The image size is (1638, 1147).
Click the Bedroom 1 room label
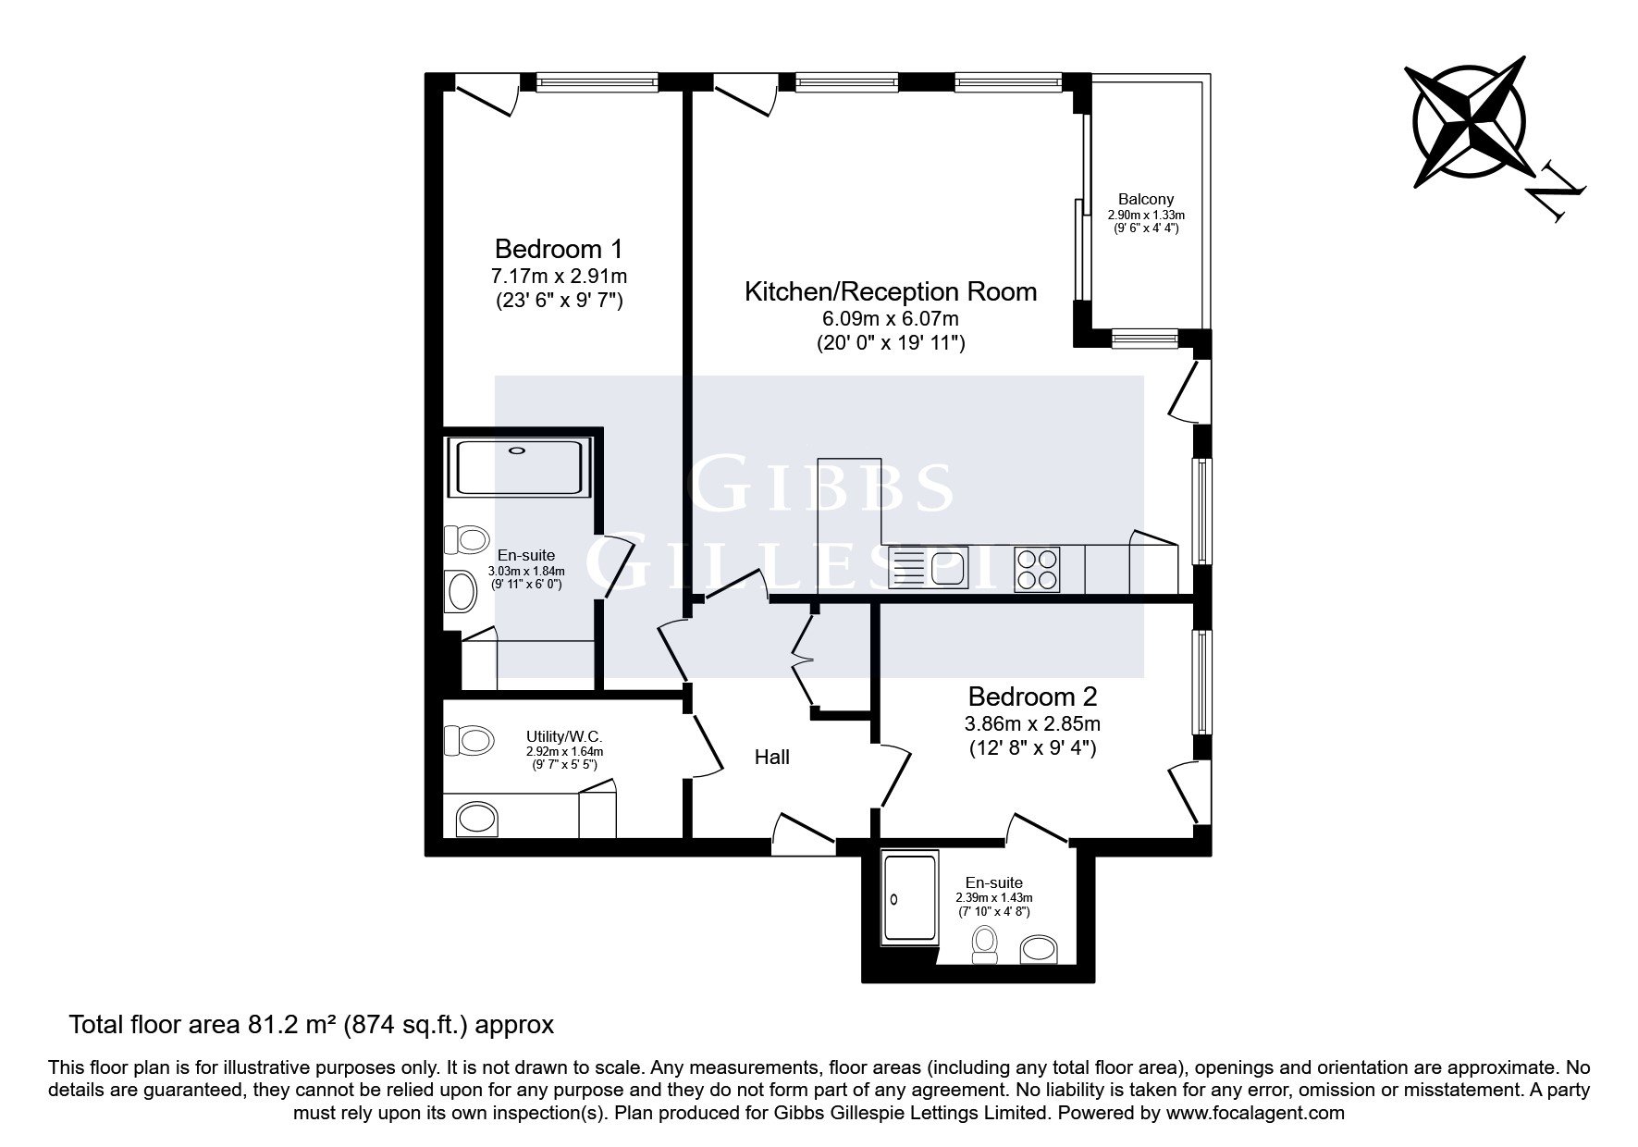coord(559,249)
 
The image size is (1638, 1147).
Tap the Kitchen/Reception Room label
coord(891,292)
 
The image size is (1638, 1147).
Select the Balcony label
coord(1146,199)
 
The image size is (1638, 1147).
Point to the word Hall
coord(772,758)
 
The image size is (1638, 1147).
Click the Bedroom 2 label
coord(1032,696)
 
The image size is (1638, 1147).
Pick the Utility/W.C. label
coord(564,737)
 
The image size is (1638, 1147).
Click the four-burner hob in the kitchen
coord(1037,569)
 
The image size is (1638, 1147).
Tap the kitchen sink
coord(927,568)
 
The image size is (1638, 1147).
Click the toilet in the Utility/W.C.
coord(467,739)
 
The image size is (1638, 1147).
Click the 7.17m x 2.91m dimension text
coord(560,276)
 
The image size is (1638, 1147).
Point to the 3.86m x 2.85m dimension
coord(1032,723)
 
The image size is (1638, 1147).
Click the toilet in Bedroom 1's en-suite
coord(467,539)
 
